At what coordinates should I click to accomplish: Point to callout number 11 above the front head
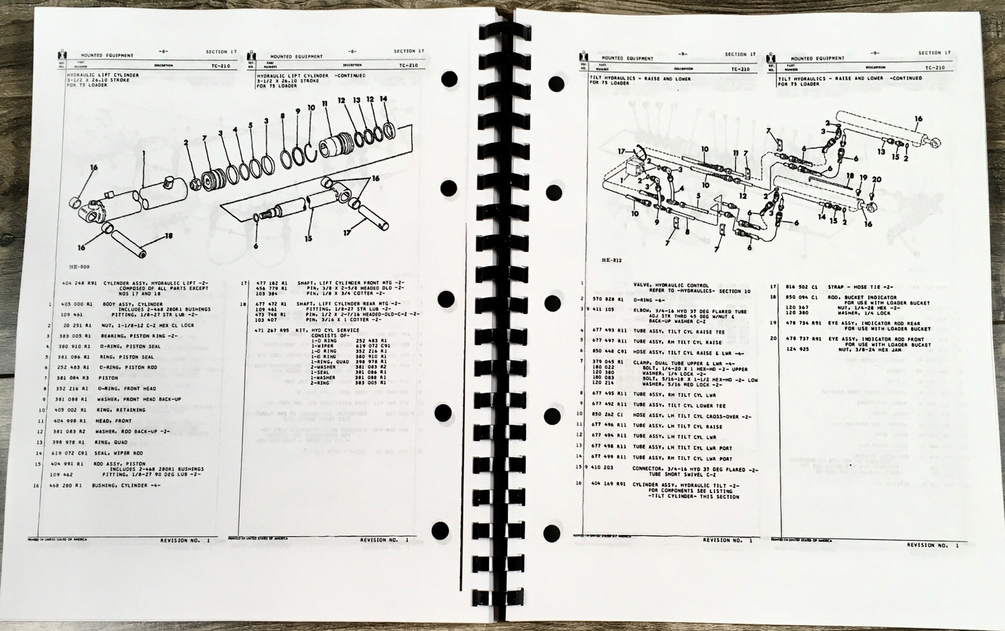point(325,104)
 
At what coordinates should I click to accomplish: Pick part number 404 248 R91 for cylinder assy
point(79,283)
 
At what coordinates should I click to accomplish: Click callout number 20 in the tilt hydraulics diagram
point(877,180)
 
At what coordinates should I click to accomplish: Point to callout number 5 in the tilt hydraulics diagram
point(698,196)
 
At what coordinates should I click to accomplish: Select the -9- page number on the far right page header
point(875,53)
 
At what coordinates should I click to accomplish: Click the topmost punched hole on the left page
point(449,79)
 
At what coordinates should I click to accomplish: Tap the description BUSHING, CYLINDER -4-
point(126,486)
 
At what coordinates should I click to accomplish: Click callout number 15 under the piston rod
point(309,238)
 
